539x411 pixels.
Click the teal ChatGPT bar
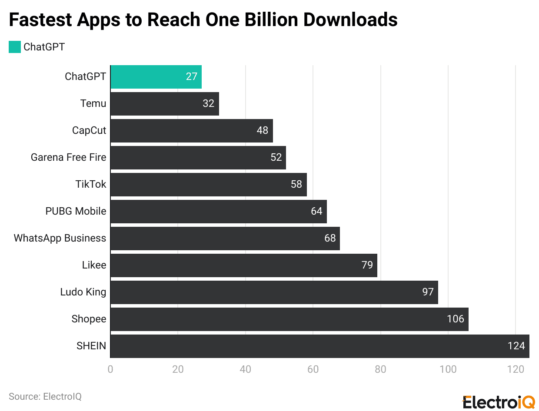pos(156,77)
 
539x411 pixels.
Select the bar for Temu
pos(164,104)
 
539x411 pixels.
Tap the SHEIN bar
pos(319,346)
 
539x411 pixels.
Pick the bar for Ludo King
pos(274,292)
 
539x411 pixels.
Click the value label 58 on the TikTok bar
pos(296,185)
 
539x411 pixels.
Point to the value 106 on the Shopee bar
pos(455,319)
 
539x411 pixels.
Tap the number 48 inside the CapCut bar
pos(262,131)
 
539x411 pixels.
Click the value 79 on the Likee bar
pos(367,265)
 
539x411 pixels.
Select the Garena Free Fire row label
pos(68,158)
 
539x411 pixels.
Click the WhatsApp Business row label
pos(60,239)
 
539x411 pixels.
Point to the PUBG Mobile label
pos(76,212)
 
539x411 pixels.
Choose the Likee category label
pos(94,265)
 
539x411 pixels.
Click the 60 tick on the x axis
pos(313,370)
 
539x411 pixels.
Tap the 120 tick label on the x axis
pos(516,370)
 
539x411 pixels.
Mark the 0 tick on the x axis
pos(110,370)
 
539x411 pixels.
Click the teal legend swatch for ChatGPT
pos(15,47)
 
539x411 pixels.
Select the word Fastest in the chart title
pos(40,20)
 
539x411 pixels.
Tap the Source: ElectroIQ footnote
pos(45,397)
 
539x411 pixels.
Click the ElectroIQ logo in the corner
pos(498,402)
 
